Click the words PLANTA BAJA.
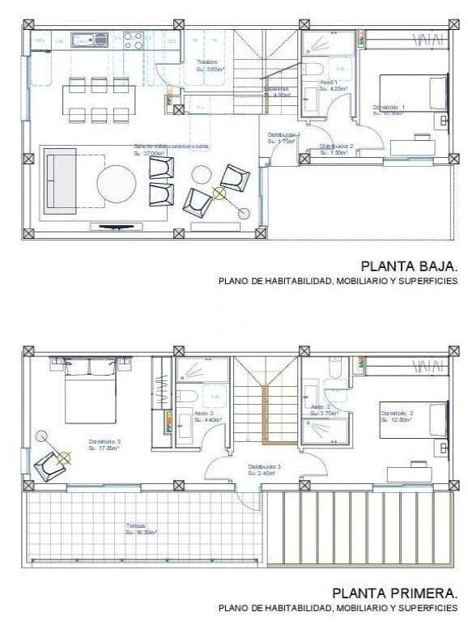click(409, 265)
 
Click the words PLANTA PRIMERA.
click(398, 592)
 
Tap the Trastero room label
click(208, 63)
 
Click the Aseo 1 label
click(329, 83)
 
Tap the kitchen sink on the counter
click(89, 39)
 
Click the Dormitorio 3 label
click(104, 441)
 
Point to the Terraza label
click(134, 525)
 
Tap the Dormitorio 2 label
click(397, 413)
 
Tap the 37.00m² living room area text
click(148, 152)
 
